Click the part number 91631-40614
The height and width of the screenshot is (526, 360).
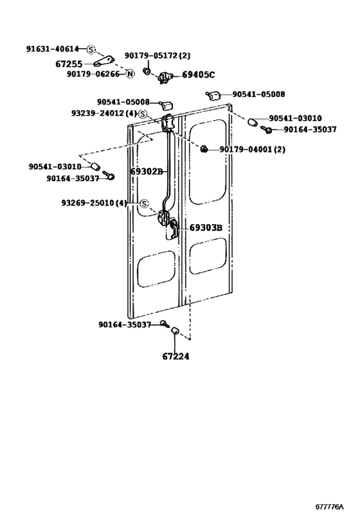pyautogui.click(x=52, y=49)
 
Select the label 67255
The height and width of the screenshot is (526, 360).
pyautogui.click(x=69, y=64)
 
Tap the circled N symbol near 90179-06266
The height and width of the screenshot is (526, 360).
pyautogui.click(x=130, y=74)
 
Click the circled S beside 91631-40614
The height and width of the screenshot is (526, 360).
pyautogui.click(x=91, y=49)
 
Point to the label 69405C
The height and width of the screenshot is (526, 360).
pyautogui.click(x=198, y=75)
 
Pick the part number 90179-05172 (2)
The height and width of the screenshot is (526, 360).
pyautogui.click(x=157, y=55)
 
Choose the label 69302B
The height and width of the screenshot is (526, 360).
pyautogui.click(x=147, y=171)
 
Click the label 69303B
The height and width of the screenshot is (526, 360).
pyautogui.click(x=206, y=227)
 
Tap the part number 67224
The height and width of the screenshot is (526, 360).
pyautogui.click(x=175, y=356)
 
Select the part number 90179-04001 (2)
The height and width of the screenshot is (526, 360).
pyautogui.click(x=253, y=149)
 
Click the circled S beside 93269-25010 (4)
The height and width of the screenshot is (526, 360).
pyautogui.click(x=144, y=204)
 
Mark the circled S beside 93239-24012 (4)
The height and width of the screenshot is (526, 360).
pyautogui.click(x=143, y=114)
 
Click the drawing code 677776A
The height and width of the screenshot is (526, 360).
pyautogui.click(x=329, y=507)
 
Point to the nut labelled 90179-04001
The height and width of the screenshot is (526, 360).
pyautogui.click(x=203, y=148)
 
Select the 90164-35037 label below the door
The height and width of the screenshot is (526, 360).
pyautogui.click(x=125, y=325)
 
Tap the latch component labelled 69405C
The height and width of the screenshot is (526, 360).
pyautogui.click(x=165, y=78)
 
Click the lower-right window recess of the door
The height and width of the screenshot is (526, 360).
pyautogui.click(x=208, y=256)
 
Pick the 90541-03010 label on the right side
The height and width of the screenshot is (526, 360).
pyautogui.click(x=295, y=118)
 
